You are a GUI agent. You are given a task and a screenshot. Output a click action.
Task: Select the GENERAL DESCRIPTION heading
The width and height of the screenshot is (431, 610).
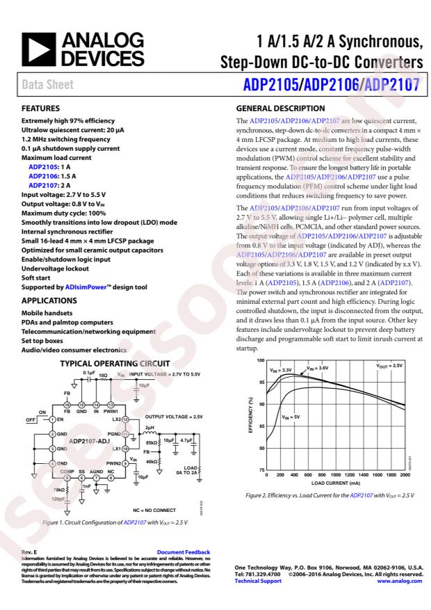282,109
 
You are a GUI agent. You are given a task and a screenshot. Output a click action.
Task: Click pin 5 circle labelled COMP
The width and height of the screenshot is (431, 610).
67,477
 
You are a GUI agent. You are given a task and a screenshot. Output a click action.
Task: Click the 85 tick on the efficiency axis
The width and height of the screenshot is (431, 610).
261,427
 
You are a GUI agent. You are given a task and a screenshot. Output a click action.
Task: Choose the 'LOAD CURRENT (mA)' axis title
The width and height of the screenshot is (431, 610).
334,483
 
